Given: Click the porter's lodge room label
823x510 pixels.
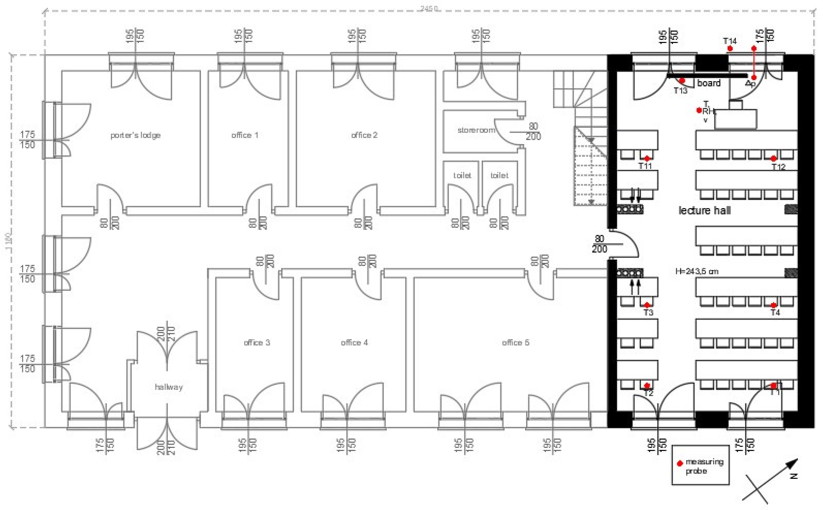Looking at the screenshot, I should (135, 135).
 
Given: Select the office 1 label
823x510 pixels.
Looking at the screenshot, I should (245, 135).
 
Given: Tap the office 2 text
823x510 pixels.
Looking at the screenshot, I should (364, 135).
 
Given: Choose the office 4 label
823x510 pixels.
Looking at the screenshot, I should (354, 343).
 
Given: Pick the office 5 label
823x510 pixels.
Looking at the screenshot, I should (515, 343).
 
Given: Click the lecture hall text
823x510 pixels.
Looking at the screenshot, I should (704, 211).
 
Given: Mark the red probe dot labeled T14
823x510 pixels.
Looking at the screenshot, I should (730, 49).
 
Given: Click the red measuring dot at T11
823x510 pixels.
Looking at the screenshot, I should (647, 158).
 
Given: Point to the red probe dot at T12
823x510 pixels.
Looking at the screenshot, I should (773, 158).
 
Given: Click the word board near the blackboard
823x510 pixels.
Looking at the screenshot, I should (709, 83).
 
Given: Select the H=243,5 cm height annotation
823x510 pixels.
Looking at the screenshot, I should (697, 271).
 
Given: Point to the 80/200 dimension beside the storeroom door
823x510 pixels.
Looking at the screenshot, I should (533, 131).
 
